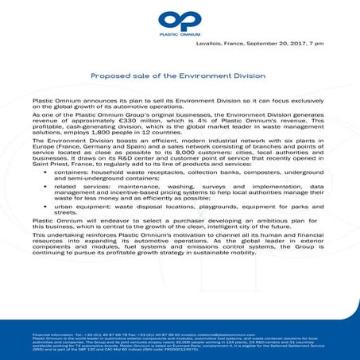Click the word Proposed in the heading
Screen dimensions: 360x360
(x=110, y=78)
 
